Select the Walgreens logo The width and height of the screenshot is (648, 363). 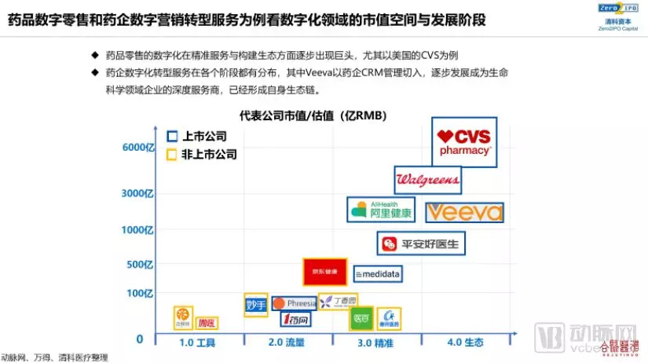(x=427, y=180)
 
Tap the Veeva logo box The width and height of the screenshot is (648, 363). (x=464, y=212)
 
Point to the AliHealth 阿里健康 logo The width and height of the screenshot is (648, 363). (x=380, y=210)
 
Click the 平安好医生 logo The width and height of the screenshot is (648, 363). (x=422, y=244)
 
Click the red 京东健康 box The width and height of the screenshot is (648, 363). (x=324, y=272)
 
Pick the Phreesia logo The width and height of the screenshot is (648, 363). (x=295, y=303)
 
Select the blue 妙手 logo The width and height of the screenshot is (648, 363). (x=256, y=304)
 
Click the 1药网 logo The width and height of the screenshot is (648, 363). (x=296, y=319)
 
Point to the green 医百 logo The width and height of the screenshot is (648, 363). (x=361, y=318)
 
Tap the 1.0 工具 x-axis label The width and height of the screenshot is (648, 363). (x=197, y=343)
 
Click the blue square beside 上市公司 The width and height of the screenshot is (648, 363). (x=172, y=135)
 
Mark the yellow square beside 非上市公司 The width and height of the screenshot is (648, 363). (x=172, y=155)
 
